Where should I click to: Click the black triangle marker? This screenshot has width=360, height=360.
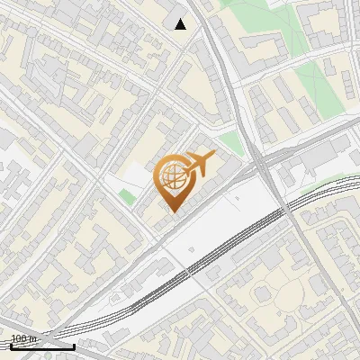(x=181, y=23)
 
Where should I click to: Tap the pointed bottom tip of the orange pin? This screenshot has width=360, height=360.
(x=172, y=211)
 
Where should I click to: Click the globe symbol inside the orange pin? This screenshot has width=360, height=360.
(x=172, y=177)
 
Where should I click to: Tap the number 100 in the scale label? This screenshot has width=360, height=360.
(x=18, y=339)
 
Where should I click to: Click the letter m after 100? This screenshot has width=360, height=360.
(x=32, y=339)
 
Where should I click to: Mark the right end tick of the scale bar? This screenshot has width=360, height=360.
(x=74, y=345)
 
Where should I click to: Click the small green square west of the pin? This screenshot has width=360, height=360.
(x=126, y=195)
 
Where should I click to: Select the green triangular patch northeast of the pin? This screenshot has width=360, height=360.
(x=233, y=142)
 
